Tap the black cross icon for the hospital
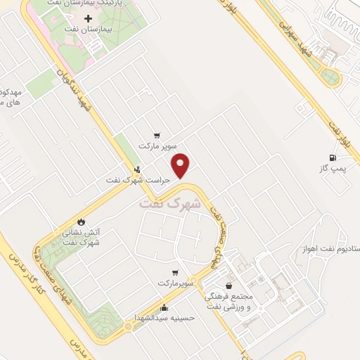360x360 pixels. (87, 19)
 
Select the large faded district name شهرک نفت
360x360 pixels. (169, 203)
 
